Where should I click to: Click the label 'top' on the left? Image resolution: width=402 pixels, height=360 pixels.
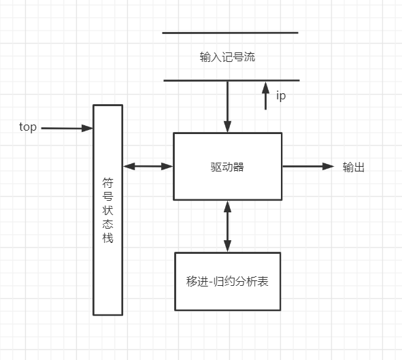click(28, 127)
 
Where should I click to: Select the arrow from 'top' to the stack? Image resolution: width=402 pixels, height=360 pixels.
click(66, 128)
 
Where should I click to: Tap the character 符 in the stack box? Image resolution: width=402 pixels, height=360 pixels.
click(107, 182)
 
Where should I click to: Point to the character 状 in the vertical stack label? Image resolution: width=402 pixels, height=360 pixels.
click(107, 210)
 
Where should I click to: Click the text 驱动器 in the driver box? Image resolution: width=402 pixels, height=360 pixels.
click(227, 167)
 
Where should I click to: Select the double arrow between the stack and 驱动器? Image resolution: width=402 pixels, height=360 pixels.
click(148, 166)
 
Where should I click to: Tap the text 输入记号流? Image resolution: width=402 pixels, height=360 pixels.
click(227, 57)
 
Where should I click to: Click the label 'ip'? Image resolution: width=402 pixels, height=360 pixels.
click(281, 96)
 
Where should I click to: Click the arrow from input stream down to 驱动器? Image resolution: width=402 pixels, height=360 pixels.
click(227, 106)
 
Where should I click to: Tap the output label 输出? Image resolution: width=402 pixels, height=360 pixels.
click(354, 167)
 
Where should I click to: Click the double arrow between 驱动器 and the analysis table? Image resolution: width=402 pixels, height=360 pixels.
click(227, 226)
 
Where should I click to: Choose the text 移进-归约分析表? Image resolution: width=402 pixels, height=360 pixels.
click(227, 281)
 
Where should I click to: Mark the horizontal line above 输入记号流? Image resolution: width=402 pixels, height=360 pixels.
click(230, 32)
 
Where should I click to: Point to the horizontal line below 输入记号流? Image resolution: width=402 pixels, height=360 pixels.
click(230, 80)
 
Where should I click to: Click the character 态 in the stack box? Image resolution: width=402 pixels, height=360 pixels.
click(107, 225)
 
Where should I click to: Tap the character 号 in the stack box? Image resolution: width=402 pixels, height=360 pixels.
click(107, 196)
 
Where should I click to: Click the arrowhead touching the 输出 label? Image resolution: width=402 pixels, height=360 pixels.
click(329, 166)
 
